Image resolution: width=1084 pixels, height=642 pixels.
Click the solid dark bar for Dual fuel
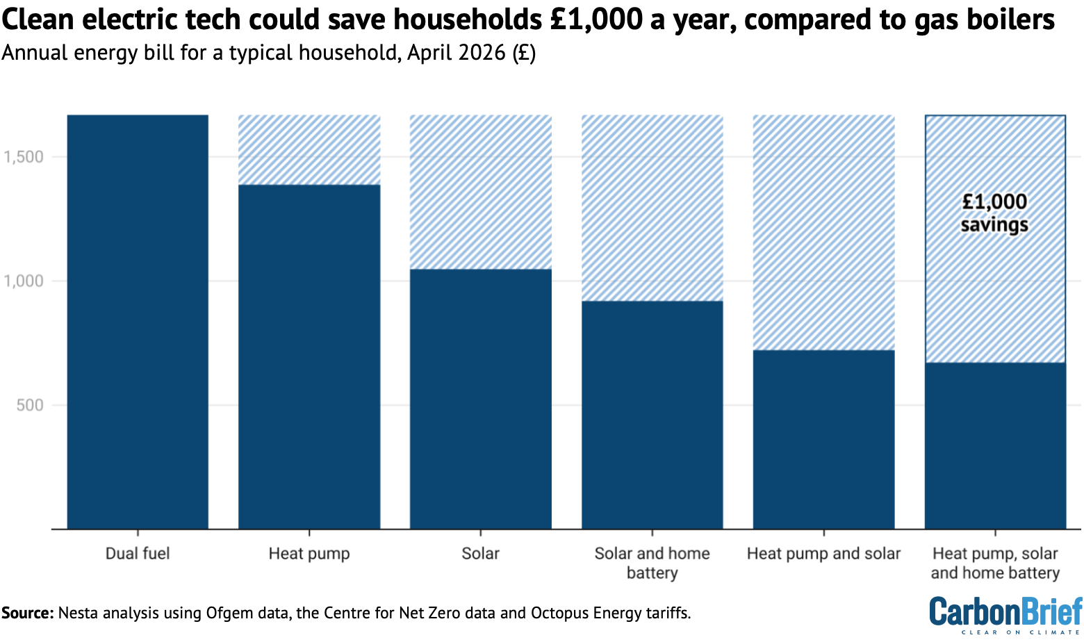point(138,322)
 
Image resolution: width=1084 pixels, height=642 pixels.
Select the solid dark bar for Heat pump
point(309,356)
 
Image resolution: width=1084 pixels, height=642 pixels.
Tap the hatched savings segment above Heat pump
point(309,149)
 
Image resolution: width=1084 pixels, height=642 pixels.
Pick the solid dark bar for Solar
point(481,399)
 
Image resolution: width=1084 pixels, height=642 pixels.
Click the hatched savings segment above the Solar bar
point(481,192)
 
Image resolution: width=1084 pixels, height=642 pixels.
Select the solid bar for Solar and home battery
point(652,415)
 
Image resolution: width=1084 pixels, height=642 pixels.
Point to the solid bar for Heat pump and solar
point(823,439)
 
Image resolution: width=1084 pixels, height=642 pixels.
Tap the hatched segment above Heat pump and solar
point(823,232)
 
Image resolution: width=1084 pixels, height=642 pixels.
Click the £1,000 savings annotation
point(994,213)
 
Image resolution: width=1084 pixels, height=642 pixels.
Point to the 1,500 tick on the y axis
point(24,157)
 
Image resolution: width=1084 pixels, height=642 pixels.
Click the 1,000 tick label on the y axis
point(24,281)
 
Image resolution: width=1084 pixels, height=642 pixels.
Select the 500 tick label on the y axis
point(29,405)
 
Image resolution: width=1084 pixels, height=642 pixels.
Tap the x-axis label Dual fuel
point(138,554)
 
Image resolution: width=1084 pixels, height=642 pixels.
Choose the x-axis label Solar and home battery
point(652,563)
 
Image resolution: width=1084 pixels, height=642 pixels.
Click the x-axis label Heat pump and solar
point(823,554)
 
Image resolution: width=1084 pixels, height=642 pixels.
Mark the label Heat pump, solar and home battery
point(994,563)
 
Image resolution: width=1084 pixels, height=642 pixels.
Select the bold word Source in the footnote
point(26,613)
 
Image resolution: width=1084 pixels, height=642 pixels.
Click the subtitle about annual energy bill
point(268,53)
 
